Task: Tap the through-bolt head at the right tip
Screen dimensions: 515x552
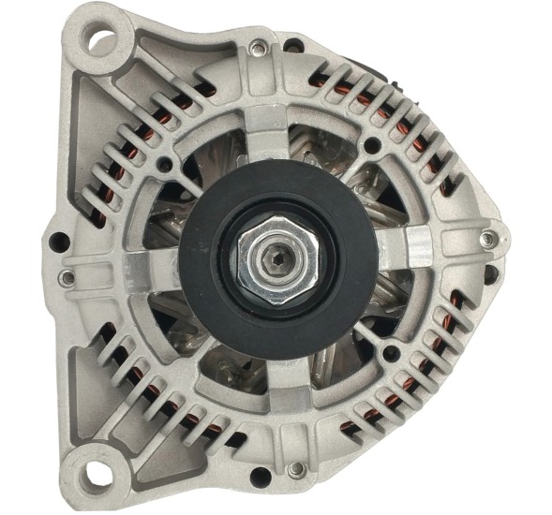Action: [x=485, y=240]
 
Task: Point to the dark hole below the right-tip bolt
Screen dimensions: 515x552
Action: [x=489, y=273]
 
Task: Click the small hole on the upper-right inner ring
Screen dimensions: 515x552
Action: [x=374, y=146]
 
